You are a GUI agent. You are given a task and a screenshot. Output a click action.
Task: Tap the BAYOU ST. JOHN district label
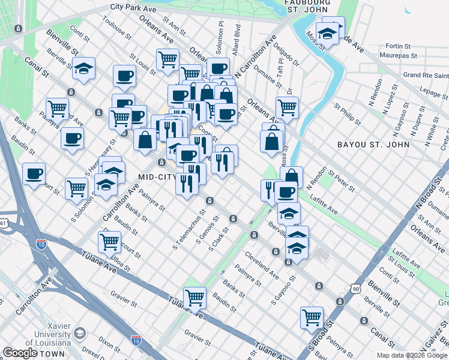coord(373,145)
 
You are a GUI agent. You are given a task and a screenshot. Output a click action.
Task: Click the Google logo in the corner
coord(20,353)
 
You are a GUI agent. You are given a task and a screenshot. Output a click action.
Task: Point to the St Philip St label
coord(348,115)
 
